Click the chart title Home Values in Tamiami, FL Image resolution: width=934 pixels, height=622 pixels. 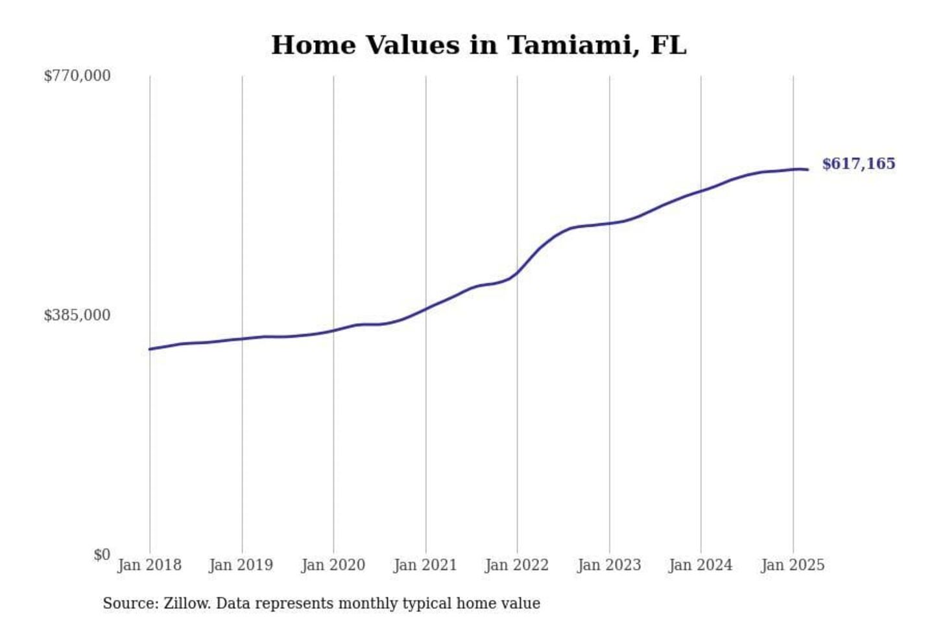coord(478,45)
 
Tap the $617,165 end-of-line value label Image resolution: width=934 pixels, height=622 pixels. coord(858,164)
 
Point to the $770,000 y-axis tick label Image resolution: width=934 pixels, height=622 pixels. coord(77,76)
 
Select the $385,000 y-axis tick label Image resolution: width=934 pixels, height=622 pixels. coord(77,316)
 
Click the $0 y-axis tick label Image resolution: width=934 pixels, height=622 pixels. coord(102,555)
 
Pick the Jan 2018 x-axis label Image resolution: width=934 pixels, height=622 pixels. coord(149,565)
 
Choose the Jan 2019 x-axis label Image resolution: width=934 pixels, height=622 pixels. coord(241,565)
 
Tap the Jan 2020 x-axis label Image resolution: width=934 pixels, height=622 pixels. coord(333,565)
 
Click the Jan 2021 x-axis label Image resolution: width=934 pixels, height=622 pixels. coord(425,565)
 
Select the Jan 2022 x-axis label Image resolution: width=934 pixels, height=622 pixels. coord(517,565)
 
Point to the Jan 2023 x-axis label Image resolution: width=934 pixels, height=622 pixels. coord(609,565)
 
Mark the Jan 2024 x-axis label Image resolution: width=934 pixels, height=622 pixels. coord(700,565)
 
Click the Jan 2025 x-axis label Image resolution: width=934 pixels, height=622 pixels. coord(793,565)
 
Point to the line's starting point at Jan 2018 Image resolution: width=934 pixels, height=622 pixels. coord(150,349)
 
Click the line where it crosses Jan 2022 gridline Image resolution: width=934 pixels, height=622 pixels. coord(517,272)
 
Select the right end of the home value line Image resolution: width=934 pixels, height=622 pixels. coord(808,170)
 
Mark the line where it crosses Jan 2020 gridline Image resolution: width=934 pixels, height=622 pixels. coord(333,330)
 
